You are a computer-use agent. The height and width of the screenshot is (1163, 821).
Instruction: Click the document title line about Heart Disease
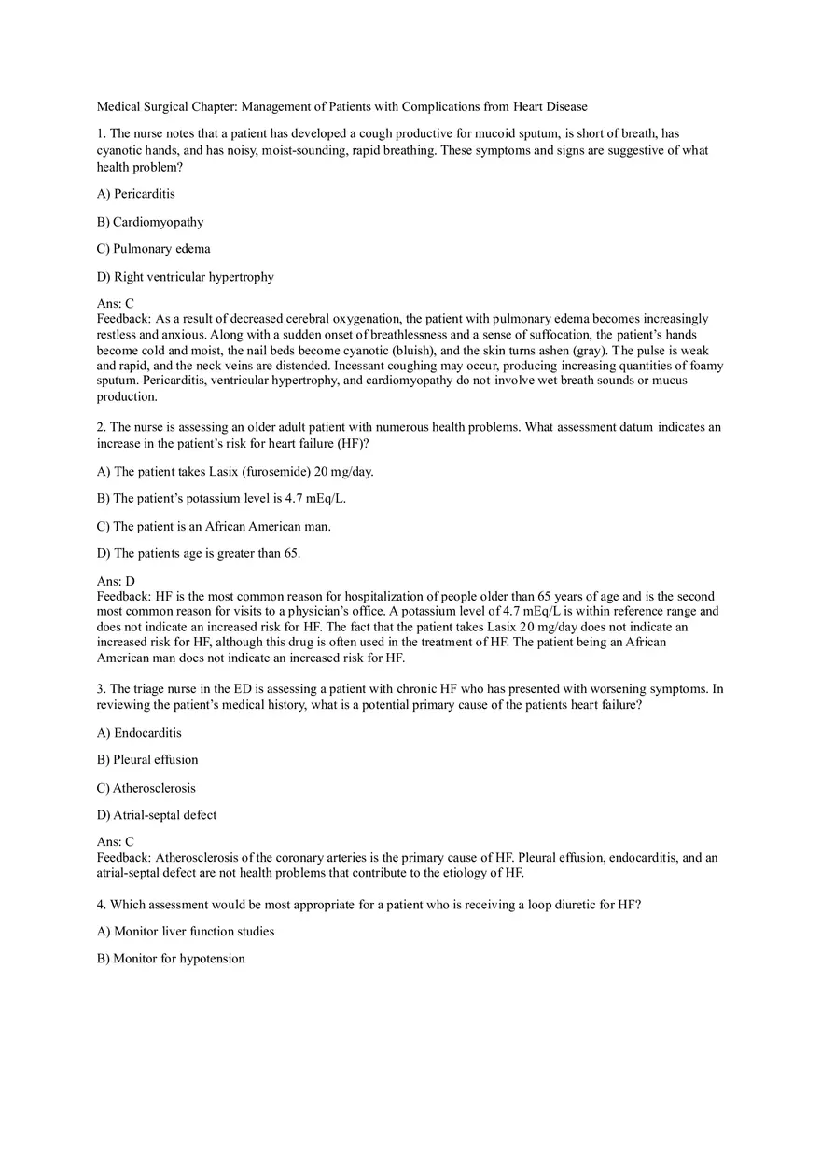coord(341,106)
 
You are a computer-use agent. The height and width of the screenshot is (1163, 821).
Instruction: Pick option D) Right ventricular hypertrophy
coord(186,277)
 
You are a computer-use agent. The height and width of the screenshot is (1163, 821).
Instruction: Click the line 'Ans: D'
coord(116,581)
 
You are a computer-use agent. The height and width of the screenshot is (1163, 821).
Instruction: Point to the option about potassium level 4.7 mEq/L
coord(222,498)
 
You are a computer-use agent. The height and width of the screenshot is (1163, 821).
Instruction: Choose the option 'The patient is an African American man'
coord(214,526)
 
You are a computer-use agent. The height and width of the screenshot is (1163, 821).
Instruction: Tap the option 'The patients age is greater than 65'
coord(199,553)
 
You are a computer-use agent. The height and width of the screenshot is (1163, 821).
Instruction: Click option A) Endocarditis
coord(139,733)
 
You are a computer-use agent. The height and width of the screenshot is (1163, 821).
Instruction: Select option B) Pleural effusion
coord(147,759)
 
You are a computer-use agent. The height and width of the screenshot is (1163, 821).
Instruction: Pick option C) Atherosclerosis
coord(146,788)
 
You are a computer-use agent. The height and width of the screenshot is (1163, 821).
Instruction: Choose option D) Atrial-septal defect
coord(157,815)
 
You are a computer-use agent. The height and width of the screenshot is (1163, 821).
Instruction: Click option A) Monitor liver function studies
coord(186,931)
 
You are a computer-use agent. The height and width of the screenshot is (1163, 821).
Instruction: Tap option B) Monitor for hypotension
coord(171,959)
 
